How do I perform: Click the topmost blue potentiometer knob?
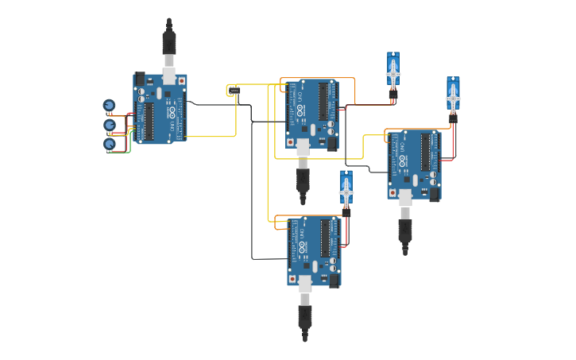tap(109, 105)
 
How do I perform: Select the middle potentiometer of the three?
tap(110, 125)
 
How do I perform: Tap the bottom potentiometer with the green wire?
tap(110, 144)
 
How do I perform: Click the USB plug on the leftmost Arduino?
tap(168, 44)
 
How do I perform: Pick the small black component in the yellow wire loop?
tap(234, 91)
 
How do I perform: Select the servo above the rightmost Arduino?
tap(453, 97)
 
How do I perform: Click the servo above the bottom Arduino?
tap(346, 191)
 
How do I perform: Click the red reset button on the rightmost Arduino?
tap(392, 193)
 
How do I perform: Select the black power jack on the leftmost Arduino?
tap(141, 79)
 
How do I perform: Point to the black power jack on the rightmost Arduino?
tap(434, 193)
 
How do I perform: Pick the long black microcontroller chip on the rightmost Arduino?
tap(425, 153)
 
